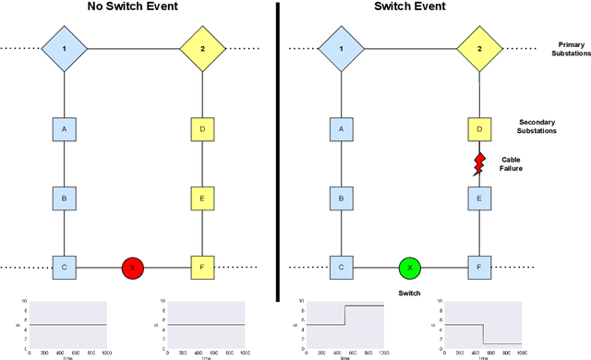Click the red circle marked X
point(133,268)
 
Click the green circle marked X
point(410,268)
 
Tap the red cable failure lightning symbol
point(480,164)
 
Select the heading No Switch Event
point(133,8)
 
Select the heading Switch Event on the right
point(410,8)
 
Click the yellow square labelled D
point(202,130)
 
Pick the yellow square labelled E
point(202,198)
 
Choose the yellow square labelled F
point(202,268)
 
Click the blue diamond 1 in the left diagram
point(65,48)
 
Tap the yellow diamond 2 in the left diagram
point(202,48)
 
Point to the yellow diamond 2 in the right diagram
point(479,48)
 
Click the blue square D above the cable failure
point(479,130)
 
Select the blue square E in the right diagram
point(479,198)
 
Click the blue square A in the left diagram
point(64,130)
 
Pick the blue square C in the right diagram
point(341,268)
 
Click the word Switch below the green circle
point(410,293)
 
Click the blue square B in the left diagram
point(64,198)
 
